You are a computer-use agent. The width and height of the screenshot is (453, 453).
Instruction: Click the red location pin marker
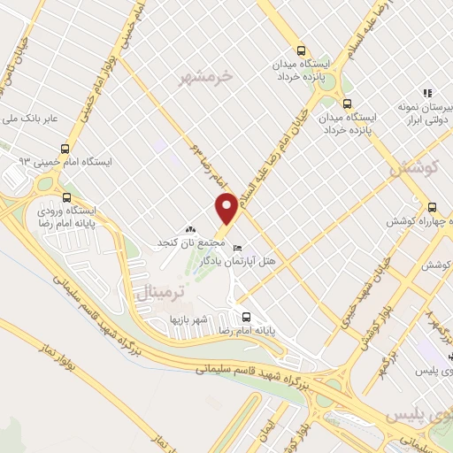226,208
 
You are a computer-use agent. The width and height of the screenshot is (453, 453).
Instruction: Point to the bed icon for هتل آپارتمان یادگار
235,248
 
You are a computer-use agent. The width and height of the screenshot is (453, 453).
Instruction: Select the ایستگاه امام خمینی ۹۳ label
73,163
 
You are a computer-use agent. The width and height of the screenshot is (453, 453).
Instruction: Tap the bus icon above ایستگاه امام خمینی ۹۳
65,149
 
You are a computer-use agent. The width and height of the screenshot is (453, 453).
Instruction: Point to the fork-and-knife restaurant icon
426,92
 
